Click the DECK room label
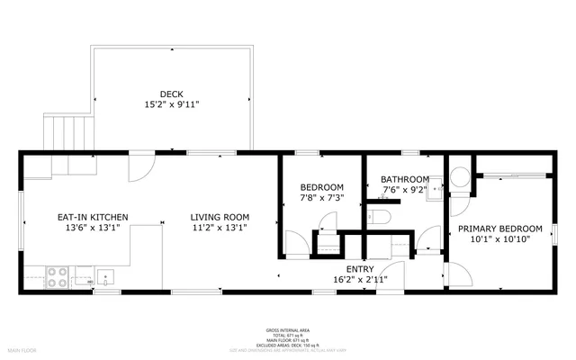171,94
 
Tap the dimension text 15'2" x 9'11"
171,104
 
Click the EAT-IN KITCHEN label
93,217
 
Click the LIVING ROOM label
220,217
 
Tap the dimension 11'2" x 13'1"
220,228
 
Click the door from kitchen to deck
141,167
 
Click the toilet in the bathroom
380,215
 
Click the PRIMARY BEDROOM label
500,229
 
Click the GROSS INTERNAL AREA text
288,329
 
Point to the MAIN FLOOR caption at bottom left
22,348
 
